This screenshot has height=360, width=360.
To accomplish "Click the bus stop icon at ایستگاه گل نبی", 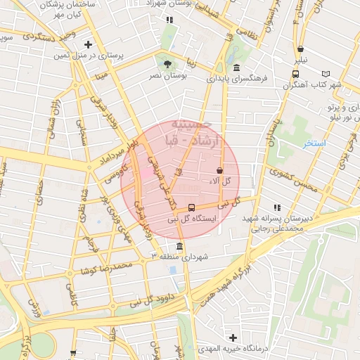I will point(192,207).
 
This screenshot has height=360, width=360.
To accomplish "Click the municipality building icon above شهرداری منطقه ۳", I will point(180,247).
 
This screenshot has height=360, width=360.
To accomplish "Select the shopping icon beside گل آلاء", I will point(219,170).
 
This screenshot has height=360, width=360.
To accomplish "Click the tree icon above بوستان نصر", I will point(167,64).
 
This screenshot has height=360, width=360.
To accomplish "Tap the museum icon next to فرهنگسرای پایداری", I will point(236,68).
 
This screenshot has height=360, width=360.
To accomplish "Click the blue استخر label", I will point(314,143).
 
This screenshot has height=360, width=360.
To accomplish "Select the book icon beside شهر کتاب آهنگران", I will point(325,74).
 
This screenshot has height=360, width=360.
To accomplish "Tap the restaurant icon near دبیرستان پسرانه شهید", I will point(277,207).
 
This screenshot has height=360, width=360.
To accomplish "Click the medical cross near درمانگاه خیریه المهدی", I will point(233,338).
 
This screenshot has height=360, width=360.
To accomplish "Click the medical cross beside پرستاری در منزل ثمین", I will point(87,45).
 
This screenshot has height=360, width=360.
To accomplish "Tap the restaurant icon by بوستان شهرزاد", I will point(169,20).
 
